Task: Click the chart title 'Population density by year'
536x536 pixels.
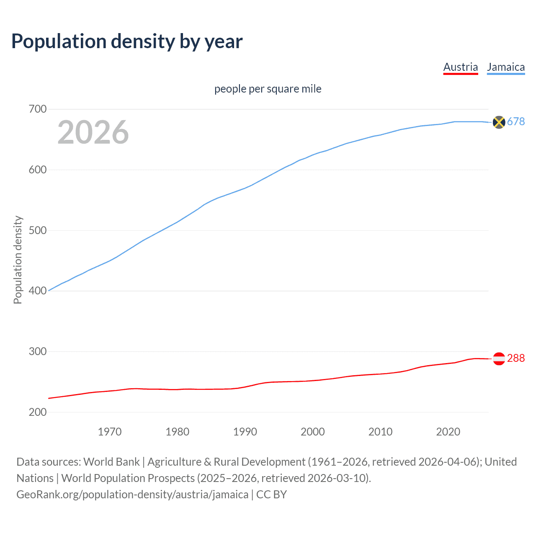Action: [x=127, y=41]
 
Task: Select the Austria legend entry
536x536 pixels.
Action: [x=460, y=67]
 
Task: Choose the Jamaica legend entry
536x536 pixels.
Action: [x=506, y=67]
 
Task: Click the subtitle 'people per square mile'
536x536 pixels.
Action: [x=268, y=89]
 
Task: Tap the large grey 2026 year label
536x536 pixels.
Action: [x=93, y=132]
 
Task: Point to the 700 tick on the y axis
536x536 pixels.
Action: [x=38, y=109]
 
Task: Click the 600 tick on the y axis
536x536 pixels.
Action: [x=38, y=170]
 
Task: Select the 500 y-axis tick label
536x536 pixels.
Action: [x=38, y=230]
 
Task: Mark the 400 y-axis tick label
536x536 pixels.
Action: [x=38, y=291]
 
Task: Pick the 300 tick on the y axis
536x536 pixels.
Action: [x=38, y=351]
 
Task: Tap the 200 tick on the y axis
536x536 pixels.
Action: [x=38, y=412]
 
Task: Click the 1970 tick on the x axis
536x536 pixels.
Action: [x=110, y=432]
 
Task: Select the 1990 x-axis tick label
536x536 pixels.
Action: [x=245, y=432]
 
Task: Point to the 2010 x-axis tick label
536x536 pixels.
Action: [x=380, y=432]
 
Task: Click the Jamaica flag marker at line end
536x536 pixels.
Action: [x=499, y=122]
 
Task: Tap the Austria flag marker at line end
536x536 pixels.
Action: [x=499, y=358]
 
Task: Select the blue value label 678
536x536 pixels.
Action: [x=516, y=121]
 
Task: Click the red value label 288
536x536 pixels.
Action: [x=516, y=358]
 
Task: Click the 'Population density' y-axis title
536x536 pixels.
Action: [x=18, y=260]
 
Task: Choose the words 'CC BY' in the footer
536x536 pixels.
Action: [x=271, y=495]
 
